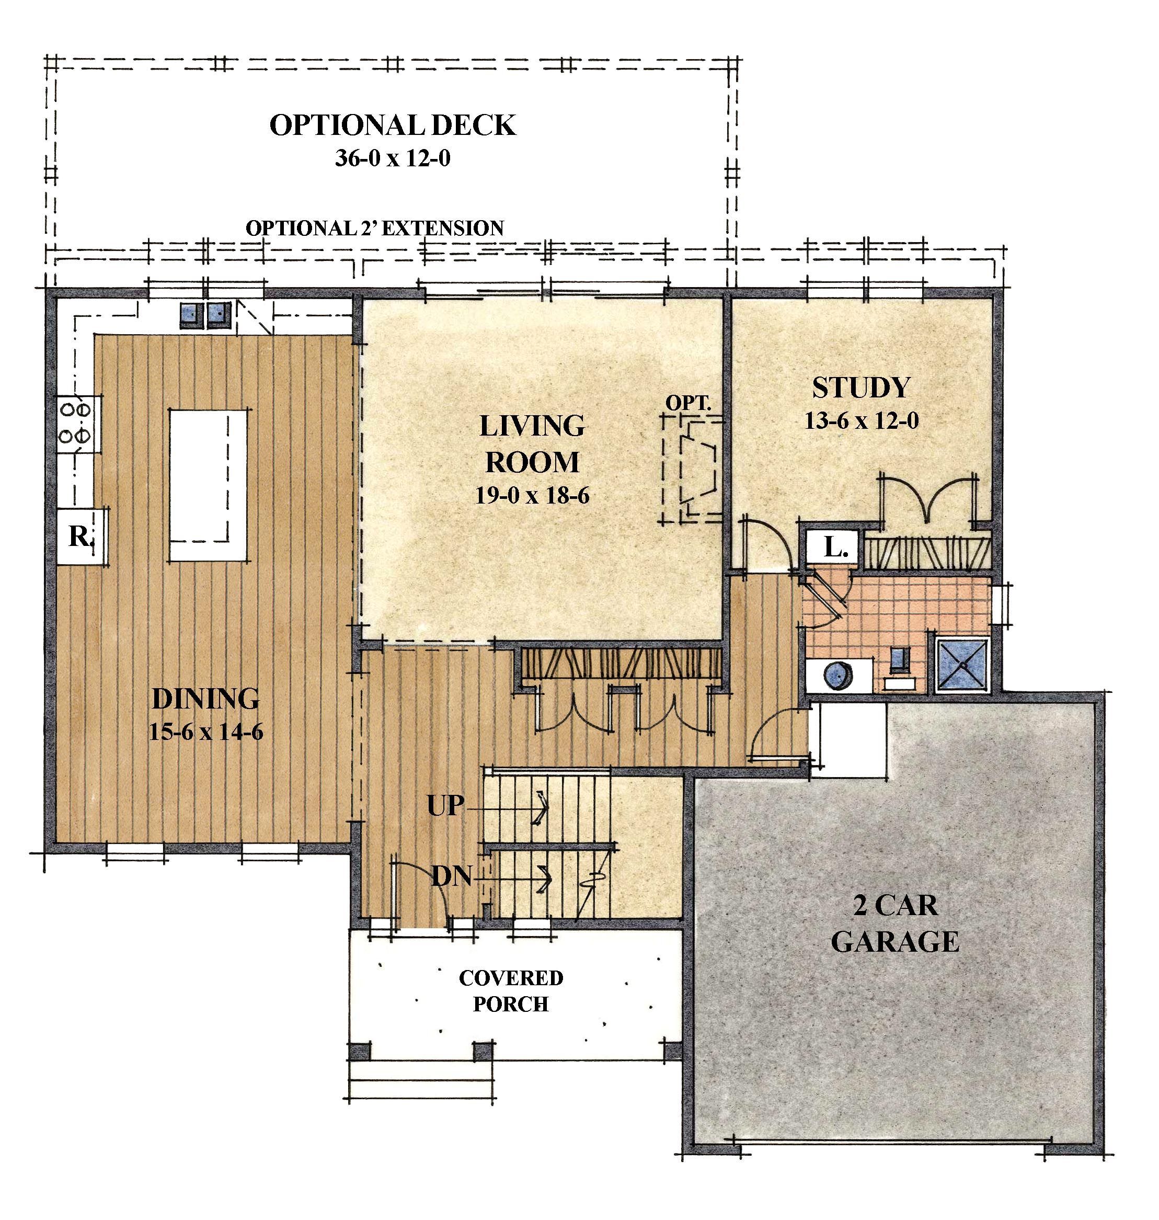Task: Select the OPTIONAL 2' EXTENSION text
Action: click(374, 228)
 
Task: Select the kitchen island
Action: click(208, 485)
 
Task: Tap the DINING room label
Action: click(206, 699)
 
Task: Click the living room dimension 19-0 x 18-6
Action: click(532, 495)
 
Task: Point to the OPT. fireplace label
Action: click(688, 403)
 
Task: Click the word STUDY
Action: click(861, 387)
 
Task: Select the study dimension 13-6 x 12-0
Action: click(861, 421)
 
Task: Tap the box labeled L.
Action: click(834, 546)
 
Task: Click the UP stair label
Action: click(445, 805)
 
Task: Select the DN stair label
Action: click(452, 876)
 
